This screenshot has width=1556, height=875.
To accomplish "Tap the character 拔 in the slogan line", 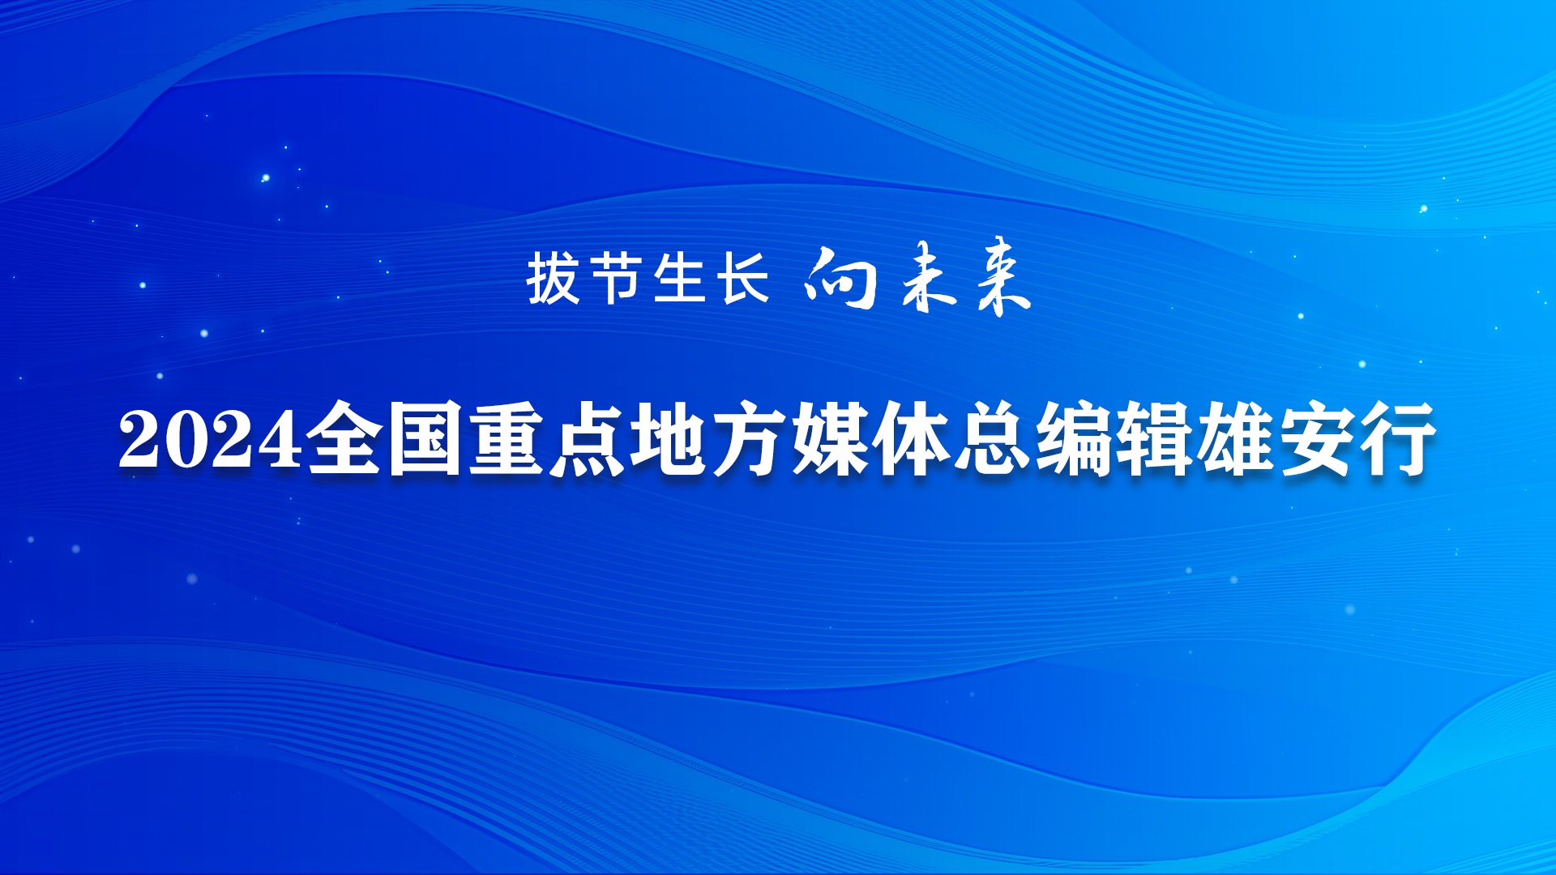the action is coord(554,277).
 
